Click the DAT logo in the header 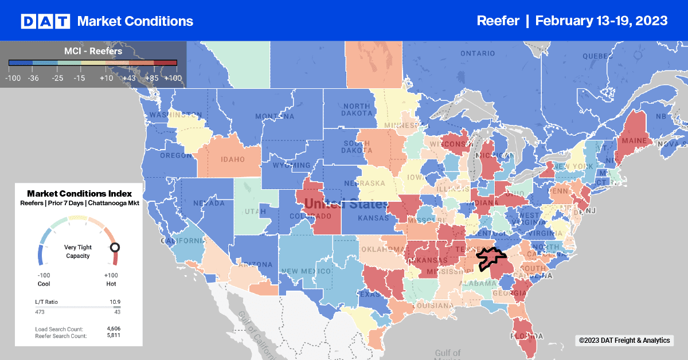coord(45,21)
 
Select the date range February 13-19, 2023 coord(601,21)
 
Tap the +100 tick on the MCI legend coord(173,77)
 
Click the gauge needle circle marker coord(115,248)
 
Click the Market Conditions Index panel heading coord(79,194)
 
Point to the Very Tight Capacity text coord(77,252)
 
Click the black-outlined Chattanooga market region coord(491,257)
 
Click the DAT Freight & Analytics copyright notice coord(624,341)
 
